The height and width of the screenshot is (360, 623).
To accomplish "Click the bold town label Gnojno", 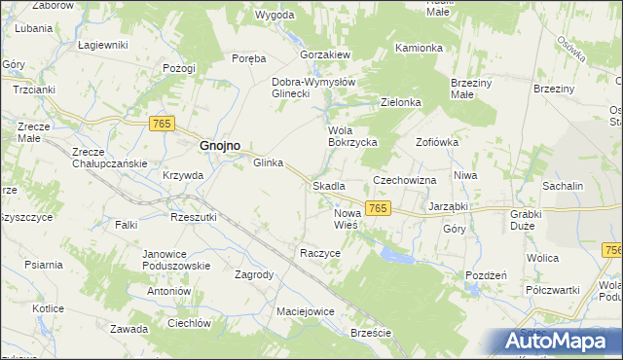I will [220, 145].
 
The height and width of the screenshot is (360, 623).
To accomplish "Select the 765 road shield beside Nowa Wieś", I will [379, 209].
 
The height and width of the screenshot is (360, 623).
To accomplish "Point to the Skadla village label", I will [328, 185].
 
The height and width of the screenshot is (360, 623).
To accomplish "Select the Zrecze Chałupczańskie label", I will [109, 158].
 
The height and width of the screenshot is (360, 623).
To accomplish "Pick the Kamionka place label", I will [420, 48].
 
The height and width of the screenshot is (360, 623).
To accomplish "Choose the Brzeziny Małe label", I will [475, 90].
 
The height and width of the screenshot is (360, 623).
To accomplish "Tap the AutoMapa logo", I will [555, 341].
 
